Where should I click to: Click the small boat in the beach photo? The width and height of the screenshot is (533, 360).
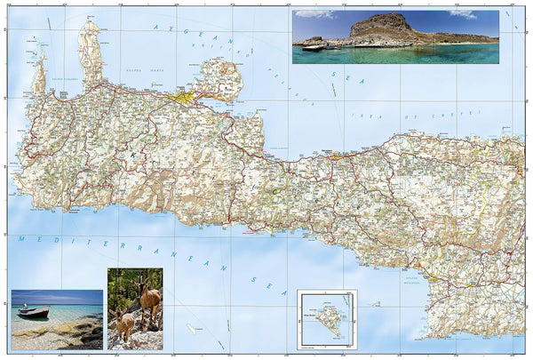coord(33,312)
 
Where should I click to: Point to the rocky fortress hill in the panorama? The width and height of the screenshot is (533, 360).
coord(381,28)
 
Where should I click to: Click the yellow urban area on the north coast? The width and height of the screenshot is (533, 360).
coord(187,96)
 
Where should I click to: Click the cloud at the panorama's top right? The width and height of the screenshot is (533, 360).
coord(462,14)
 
